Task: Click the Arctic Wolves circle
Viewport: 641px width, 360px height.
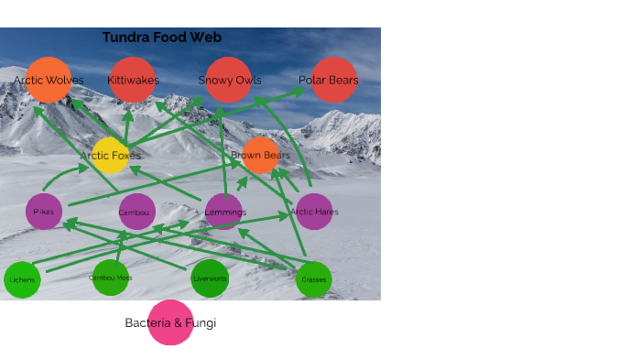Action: coord(49,80)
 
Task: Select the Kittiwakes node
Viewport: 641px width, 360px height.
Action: coord(133,80)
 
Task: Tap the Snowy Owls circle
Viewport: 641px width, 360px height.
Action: coord(229,80)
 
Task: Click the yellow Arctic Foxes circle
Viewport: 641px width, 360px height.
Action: coord(111,156)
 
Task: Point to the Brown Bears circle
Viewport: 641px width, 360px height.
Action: coord(261,156)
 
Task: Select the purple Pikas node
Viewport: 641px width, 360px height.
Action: coord(44,212)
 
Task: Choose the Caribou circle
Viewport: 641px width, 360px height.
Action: coord(136,212)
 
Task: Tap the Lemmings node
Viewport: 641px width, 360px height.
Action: coord(224,212)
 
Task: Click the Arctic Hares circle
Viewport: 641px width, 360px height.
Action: coord(314,212)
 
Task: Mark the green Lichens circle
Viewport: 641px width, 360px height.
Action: coord(22,279)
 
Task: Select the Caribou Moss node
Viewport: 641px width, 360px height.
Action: coord(111,278)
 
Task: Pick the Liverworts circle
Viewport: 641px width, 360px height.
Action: coord(210,278)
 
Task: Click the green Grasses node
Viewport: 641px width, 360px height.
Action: coord(313,279)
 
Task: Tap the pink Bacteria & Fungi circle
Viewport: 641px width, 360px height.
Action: coord(170,322)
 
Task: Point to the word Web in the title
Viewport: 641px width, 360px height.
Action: coord(206,38)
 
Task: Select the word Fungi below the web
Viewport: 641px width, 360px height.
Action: coord(201,323)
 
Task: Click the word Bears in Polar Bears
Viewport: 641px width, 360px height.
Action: coord(343,81)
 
